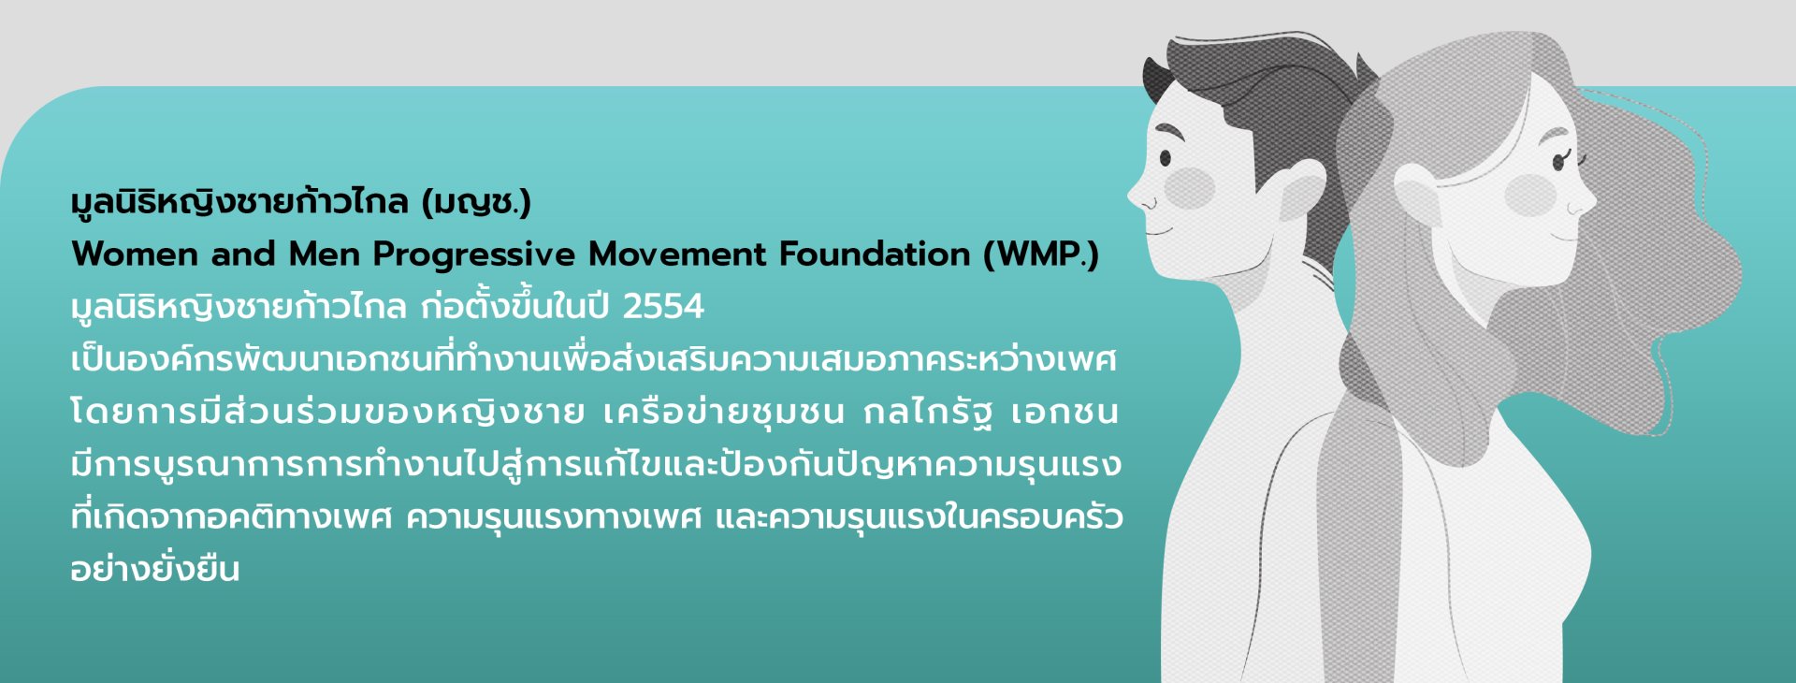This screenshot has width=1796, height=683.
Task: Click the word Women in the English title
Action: point(135,254)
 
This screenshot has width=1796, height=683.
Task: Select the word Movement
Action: point(677,254)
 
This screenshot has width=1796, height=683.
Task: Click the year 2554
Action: point(663,307)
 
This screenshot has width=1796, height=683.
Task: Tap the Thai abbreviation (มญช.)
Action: point(476,202)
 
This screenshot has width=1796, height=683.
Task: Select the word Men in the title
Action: point(324,254)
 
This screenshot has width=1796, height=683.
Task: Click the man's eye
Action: point(1166,158)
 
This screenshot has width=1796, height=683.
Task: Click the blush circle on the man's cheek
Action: point(1189,188)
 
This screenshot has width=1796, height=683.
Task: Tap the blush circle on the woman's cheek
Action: point(1531,194)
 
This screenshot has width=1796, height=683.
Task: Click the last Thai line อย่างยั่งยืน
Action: point(155,567)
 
